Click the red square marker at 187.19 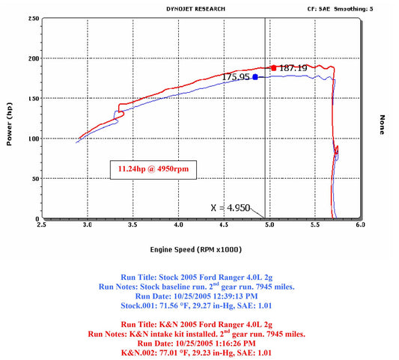pyautogui.click(x=273, y=68)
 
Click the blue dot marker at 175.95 pyautogui.click(x=255, y=77)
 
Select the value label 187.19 pyautogui.click(x=293, y=68)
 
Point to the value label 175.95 pyautogui.click(x=236, y=77)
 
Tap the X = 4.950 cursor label pyautogui.click(x=231, y=208)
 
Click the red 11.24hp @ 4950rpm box pyautogui.click(x=153, y=169)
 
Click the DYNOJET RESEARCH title pyautogui.click(x=195, y=9)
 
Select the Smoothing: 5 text pyautogui.click(x=353, y=9)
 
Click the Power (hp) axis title pyautogui.click(x=9, y=124)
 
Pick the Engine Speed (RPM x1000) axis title pyautogui.click(x=195, y=249)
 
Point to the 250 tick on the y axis pyautogui.click(x=34, y=19)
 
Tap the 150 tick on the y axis pyautogui.click(x=34, y=99)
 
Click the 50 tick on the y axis pyautogui.click(x=35, y=179)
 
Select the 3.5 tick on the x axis pyautogui.click(x=133, y=225)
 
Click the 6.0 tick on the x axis pyautogui.click(x=360, y=225)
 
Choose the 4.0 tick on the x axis pyautogui.click(x=178, y=225)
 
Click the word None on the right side pyautogui.click(x=382, y=125)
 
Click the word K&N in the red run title pyautogui.click(x=168, y=325)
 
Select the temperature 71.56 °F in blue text pyautogui.click(x=175, y=305)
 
